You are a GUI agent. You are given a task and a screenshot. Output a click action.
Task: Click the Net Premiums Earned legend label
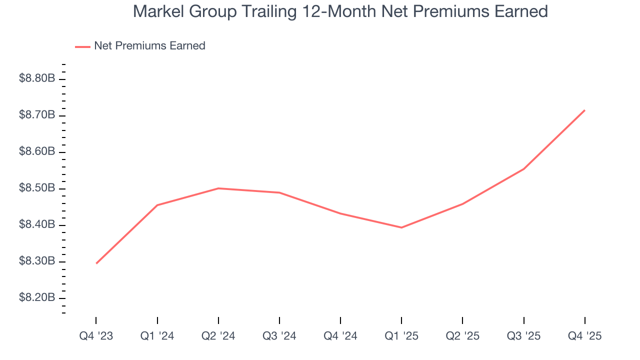pyautogui.click(x=149, y=46)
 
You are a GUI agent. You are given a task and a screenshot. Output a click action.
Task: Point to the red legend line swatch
pyautogui.click(x=82, y=46)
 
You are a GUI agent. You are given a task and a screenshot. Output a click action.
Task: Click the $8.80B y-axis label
pyautogui.click(x=37, y=78)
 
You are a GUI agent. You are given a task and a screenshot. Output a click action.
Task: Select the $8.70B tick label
pyautogui.click(x=37, y=115)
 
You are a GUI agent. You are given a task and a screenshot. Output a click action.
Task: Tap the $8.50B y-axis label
pyautogui.click(x=37, y=188)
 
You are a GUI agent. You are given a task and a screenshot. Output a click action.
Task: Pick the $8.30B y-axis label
pyautogui.click(x=37, y=261)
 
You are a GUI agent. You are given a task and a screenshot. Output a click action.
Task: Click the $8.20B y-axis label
pyautogui.click(x=37, y=298)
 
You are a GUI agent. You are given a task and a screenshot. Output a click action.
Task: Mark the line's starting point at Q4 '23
pyautogui.click(x=96, y=263)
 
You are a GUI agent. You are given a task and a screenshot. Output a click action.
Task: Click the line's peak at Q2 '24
pyautogui.click(x=218, y=188)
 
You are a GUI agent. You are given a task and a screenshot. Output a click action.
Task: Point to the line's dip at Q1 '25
pyautogui.click(x=401, y=227)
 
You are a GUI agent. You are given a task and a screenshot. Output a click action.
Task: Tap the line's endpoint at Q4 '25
pyautogui.click(x=584, y=110)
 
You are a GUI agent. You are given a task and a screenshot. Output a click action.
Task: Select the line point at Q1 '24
pyautogui.click(x=157, y=205)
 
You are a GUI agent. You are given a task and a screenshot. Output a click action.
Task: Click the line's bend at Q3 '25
pyautogui.click(x=523, y=169)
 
